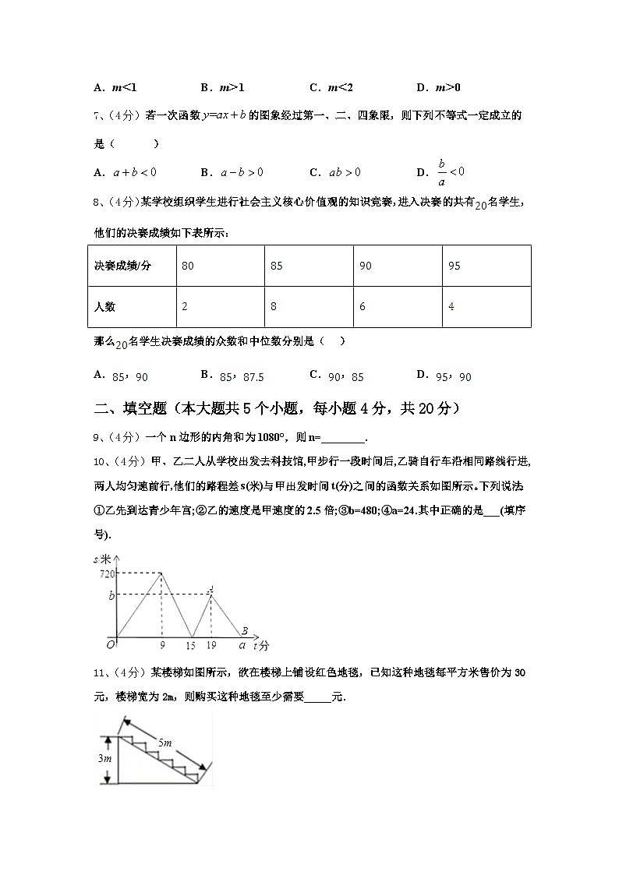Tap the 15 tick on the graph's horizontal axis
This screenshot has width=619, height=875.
point(191,646)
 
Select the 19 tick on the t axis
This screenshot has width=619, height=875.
point(211,646)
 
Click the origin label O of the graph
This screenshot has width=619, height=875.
point(110,644)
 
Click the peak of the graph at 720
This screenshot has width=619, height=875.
point(161,573)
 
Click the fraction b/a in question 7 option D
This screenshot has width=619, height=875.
point(441,171)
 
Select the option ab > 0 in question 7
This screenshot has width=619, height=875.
point(345,172)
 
